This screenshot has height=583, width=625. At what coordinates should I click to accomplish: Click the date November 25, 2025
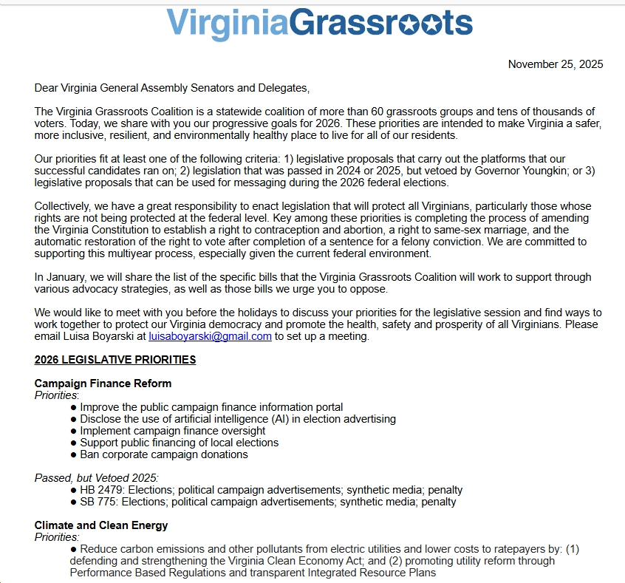(x=556, y=64)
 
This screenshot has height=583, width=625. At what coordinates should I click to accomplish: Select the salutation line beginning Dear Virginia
(x=172, y=88)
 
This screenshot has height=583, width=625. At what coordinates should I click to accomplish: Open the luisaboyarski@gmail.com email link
(x=210, y=336)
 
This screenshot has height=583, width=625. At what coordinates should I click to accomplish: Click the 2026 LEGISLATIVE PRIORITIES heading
(x=115, y=360)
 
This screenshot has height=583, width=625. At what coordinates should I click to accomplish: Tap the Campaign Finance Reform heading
(x=103, y=383)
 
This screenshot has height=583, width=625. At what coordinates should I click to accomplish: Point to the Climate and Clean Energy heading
(x=101, y=525)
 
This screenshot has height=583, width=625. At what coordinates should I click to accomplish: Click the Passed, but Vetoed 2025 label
(x=97, y=478)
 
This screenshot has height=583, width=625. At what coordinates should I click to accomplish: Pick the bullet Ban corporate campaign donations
(x=164, y=454)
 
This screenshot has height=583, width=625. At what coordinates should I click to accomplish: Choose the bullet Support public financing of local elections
(x=180, y=443)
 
